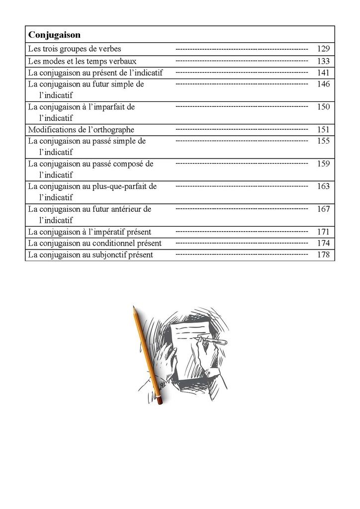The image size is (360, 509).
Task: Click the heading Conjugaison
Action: click(x=54, y=35)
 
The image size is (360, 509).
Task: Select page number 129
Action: click(x=323, y=49)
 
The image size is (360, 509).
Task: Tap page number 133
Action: click(x=323, y=61)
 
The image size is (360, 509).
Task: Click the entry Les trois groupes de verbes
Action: click(x=75, y=49)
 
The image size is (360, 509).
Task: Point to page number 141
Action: click(x=323, y=73)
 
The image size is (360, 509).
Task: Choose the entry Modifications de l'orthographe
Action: click(x=81, y=130)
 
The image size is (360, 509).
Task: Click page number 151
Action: click(x=323, y=130)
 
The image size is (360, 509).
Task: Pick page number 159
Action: click(x=323, y=164)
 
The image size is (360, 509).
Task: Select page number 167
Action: click(x=323, y=209)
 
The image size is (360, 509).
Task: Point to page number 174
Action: click(x=323, y=243)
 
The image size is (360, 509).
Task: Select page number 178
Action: click(x=323, y=254)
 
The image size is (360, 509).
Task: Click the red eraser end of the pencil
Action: click(x=159, y=400)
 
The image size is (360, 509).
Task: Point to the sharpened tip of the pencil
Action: click(x=134, y=308)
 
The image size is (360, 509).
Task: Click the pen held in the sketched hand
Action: click(x=215, y=341)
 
